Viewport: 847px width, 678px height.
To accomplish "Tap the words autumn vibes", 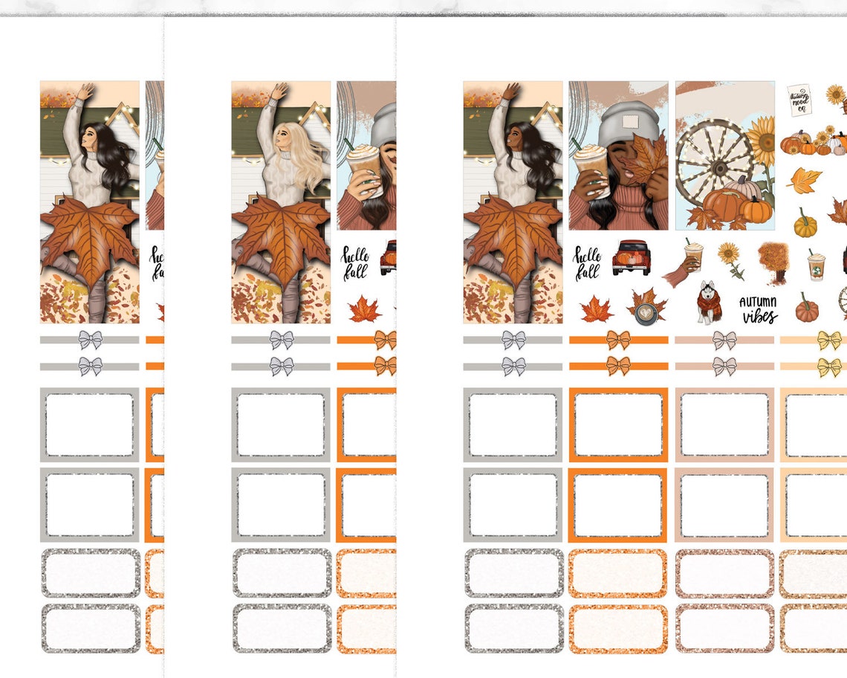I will (758, 309).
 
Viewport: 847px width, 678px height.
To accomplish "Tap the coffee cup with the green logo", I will (816, 265).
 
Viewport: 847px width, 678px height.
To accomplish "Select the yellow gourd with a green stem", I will (805, 222).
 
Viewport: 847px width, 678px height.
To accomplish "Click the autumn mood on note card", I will (799, 100).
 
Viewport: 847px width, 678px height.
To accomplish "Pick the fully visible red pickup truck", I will (632, 257).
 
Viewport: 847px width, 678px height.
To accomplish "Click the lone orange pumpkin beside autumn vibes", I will (806, 307).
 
